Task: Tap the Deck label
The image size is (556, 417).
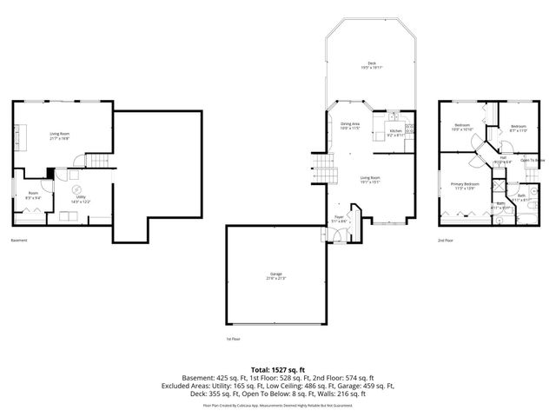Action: [371, 64]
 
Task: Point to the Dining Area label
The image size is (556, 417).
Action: [350, 127]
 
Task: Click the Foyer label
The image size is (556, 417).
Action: [340, 219]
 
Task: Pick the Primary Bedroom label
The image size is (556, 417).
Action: [465, 186]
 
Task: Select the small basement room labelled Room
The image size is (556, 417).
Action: [33, 195]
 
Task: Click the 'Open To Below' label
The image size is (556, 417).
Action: [533, 161]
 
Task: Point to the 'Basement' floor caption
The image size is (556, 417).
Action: [20, 240]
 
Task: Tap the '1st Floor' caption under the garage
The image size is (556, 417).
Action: [234, 339]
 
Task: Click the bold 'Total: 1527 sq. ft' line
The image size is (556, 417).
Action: [277, 370]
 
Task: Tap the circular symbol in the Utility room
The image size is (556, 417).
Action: [76, 189]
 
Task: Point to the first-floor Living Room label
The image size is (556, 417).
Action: [371, 180]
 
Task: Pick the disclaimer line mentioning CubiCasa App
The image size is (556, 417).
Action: [277, 405]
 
